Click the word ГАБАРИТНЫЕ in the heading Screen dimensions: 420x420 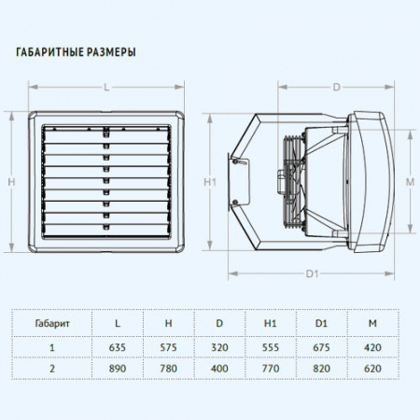[50, 52]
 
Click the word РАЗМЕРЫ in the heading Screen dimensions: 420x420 [111, 52]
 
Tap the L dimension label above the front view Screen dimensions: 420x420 [106, 88]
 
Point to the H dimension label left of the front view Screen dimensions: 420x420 [11, 182]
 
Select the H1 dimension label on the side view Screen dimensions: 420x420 [210, 182]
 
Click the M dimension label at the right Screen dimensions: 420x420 [411, 182]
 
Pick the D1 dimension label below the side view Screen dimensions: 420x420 [312, 273]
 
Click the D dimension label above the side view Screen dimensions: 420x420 [337, 88]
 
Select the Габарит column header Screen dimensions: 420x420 [52, 323]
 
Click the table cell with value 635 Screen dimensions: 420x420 [118, 347]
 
